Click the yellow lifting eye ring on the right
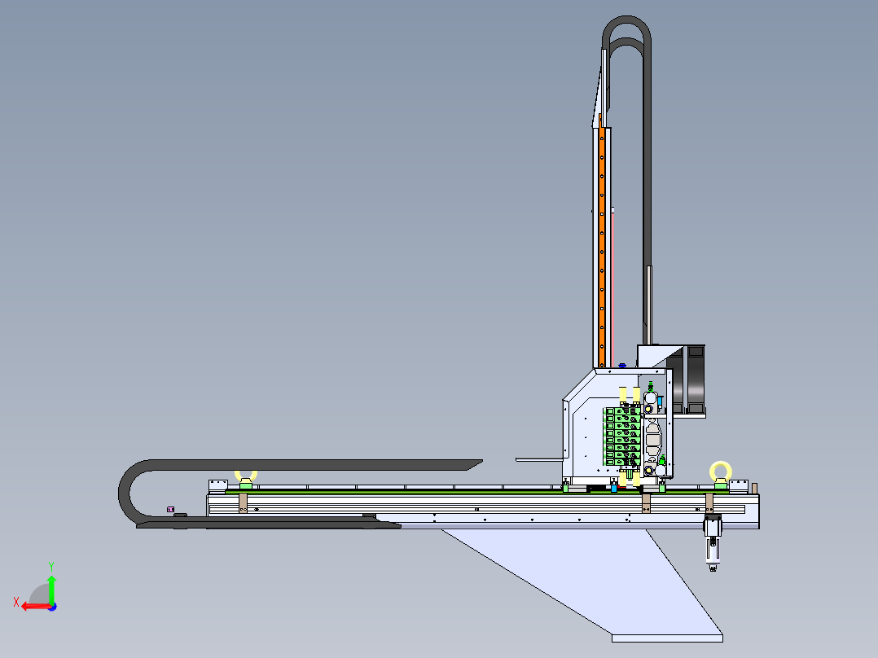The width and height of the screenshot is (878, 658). pyautogui.click(x=721, y=463)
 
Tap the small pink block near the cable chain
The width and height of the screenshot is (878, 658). pyautogui.click(x=170, y=510)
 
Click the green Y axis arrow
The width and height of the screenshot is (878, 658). pyautogui.click(x=51, y=589)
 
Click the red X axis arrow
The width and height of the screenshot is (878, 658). pyautogui.click(x=37, y=607)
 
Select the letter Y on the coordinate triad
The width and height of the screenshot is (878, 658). pyautogui.click(x=51, y=566)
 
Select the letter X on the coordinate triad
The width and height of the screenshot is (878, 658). pyautogui.click(x=16, y=602)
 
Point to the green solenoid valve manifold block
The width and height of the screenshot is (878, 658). pyautogui.click(x=621, y=436)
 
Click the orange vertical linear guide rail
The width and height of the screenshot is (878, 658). pyautogui.click(x=602, y=247)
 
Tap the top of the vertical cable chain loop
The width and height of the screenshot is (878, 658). pyautogui.click(x=626, y=19)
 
